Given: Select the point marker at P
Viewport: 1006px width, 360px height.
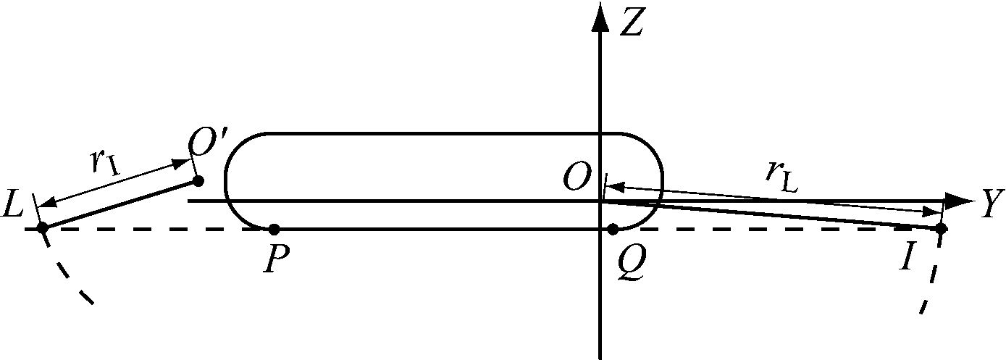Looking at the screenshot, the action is tap(274, 230).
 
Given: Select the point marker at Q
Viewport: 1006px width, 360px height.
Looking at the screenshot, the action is tap(613, 230).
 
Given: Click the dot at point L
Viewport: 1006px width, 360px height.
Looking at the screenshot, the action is tap(42, 228).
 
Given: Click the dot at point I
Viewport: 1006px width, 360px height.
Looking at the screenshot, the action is tap(942, 229).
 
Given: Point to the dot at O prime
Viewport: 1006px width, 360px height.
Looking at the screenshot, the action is tap(198, 180).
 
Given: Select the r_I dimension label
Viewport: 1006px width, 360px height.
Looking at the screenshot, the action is tap(106, 162).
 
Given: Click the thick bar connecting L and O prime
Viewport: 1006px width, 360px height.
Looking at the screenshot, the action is tap(120, 204).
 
